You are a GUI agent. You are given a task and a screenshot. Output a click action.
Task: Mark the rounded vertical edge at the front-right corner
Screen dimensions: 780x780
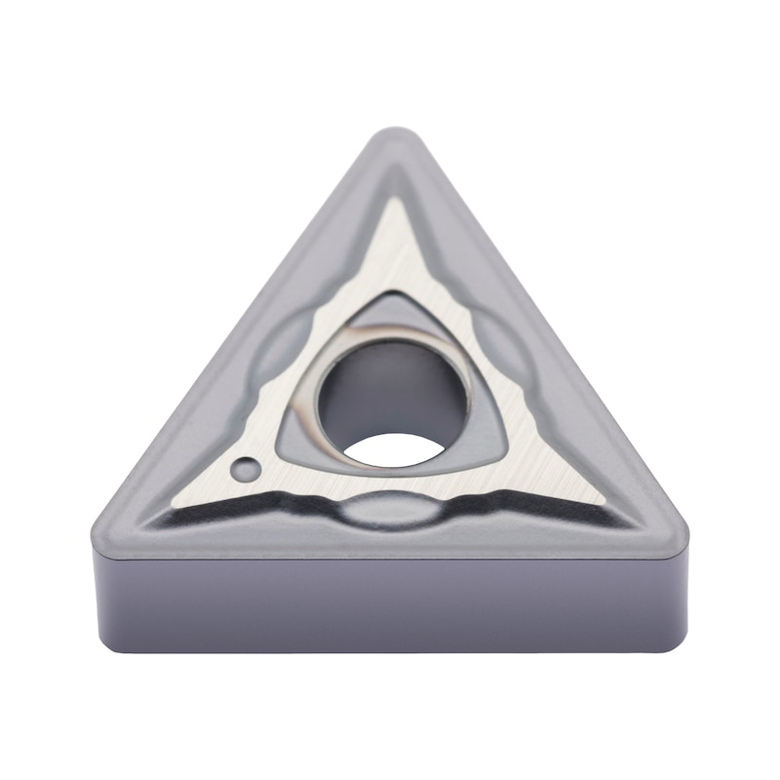[677, 595]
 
